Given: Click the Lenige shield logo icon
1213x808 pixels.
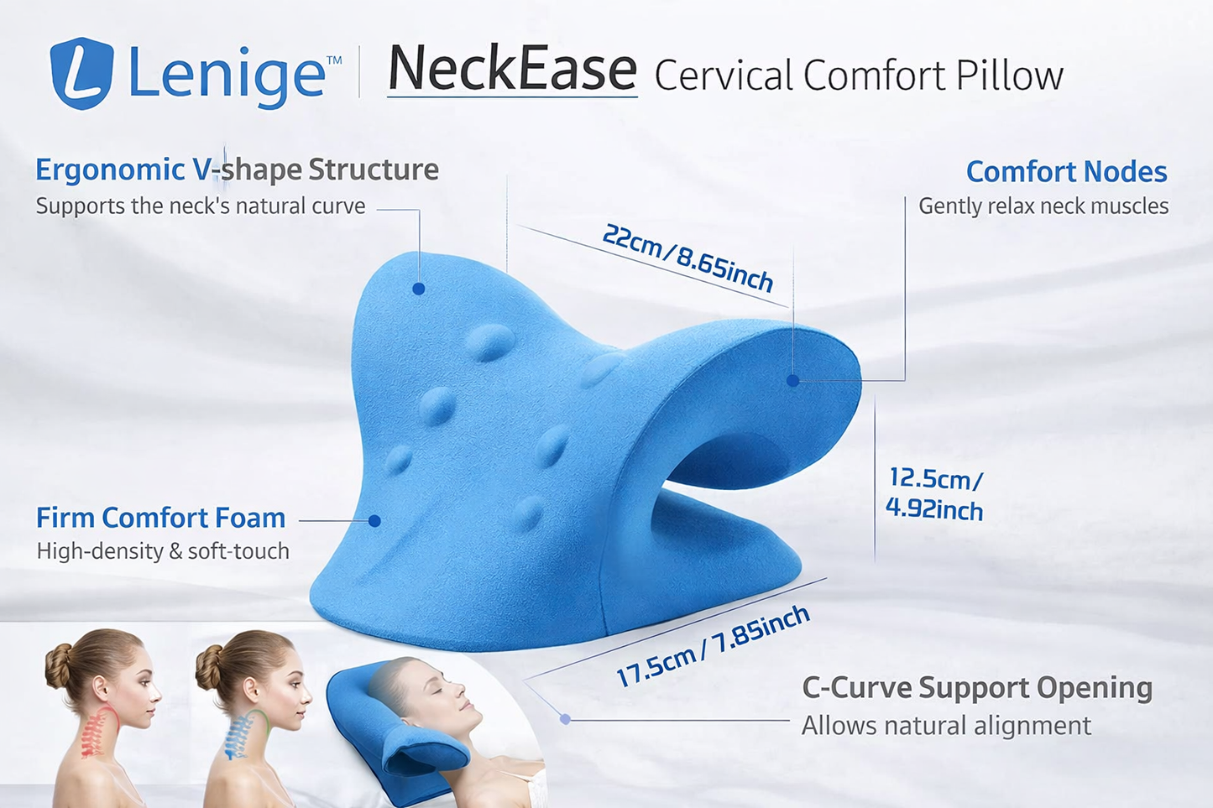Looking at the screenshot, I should [x=82, y=73].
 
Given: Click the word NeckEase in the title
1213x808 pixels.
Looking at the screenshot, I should [x=512, y=70].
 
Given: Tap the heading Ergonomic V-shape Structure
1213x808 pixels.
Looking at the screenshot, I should [x=237, y=169].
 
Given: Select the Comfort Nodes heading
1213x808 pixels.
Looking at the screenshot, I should [x=1066, y=172].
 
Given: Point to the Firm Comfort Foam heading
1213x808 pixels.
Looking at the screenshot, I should [x=161, y=518].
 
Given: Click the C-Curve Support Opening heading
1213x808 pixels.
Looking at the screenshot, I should [x=977, y=688].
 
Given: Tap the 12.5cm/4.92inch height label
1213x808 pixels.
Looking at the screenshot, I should [x=934, y=494].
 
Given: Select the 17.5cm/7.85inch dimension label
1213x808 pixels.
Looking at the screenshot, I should [x=713, y=644].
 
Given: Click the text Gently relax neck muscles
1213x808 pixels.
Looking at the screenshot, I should [x=1043, y=206].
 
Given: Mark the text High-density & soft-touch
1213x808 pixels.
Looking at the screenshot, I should [x=163, y=551].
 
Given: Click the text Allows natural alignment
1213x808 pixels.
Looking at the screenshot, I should [x=946, y=726].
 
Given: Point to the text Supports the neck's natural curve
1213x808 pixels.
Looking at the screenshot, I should [x=201, y=206].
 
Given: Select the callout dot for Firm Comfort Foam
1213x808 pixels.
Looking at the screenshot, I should [x=374, y=521].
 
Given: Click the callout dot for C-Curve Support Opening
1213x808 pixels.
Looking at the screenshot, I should [x=566, y=719].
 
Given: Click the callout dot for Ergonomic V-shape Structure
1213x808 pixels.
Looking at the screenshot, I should [x=418, y=289].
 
